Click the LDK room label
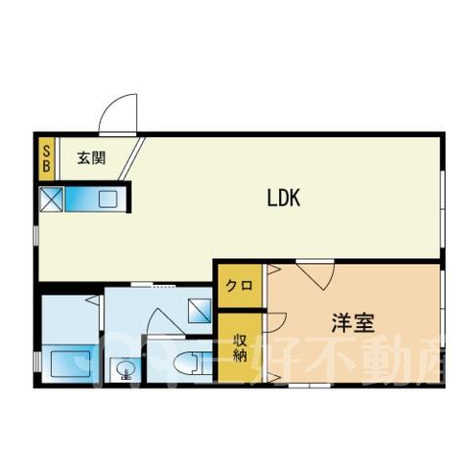coord(283,198)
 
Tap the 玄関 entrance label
coord(92,159)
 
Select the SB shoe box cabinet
coord(46,159)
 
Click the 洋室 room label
coord(352,323)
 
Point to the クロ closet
coord(240,286)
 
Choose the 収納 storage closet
coord(240,348)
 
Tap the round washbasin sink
coord(126,370)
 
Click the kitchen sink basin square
coord(108,199)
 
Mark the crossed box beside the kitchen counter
coord(51,199)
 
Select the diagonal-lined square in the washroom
coord(200,310)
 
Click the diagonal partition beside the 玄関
coord(131,159)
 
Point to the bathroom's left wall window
coord(38,361)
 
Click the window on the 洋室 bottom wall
coord(309,386)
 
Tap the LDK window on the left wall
coord(37,236)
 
